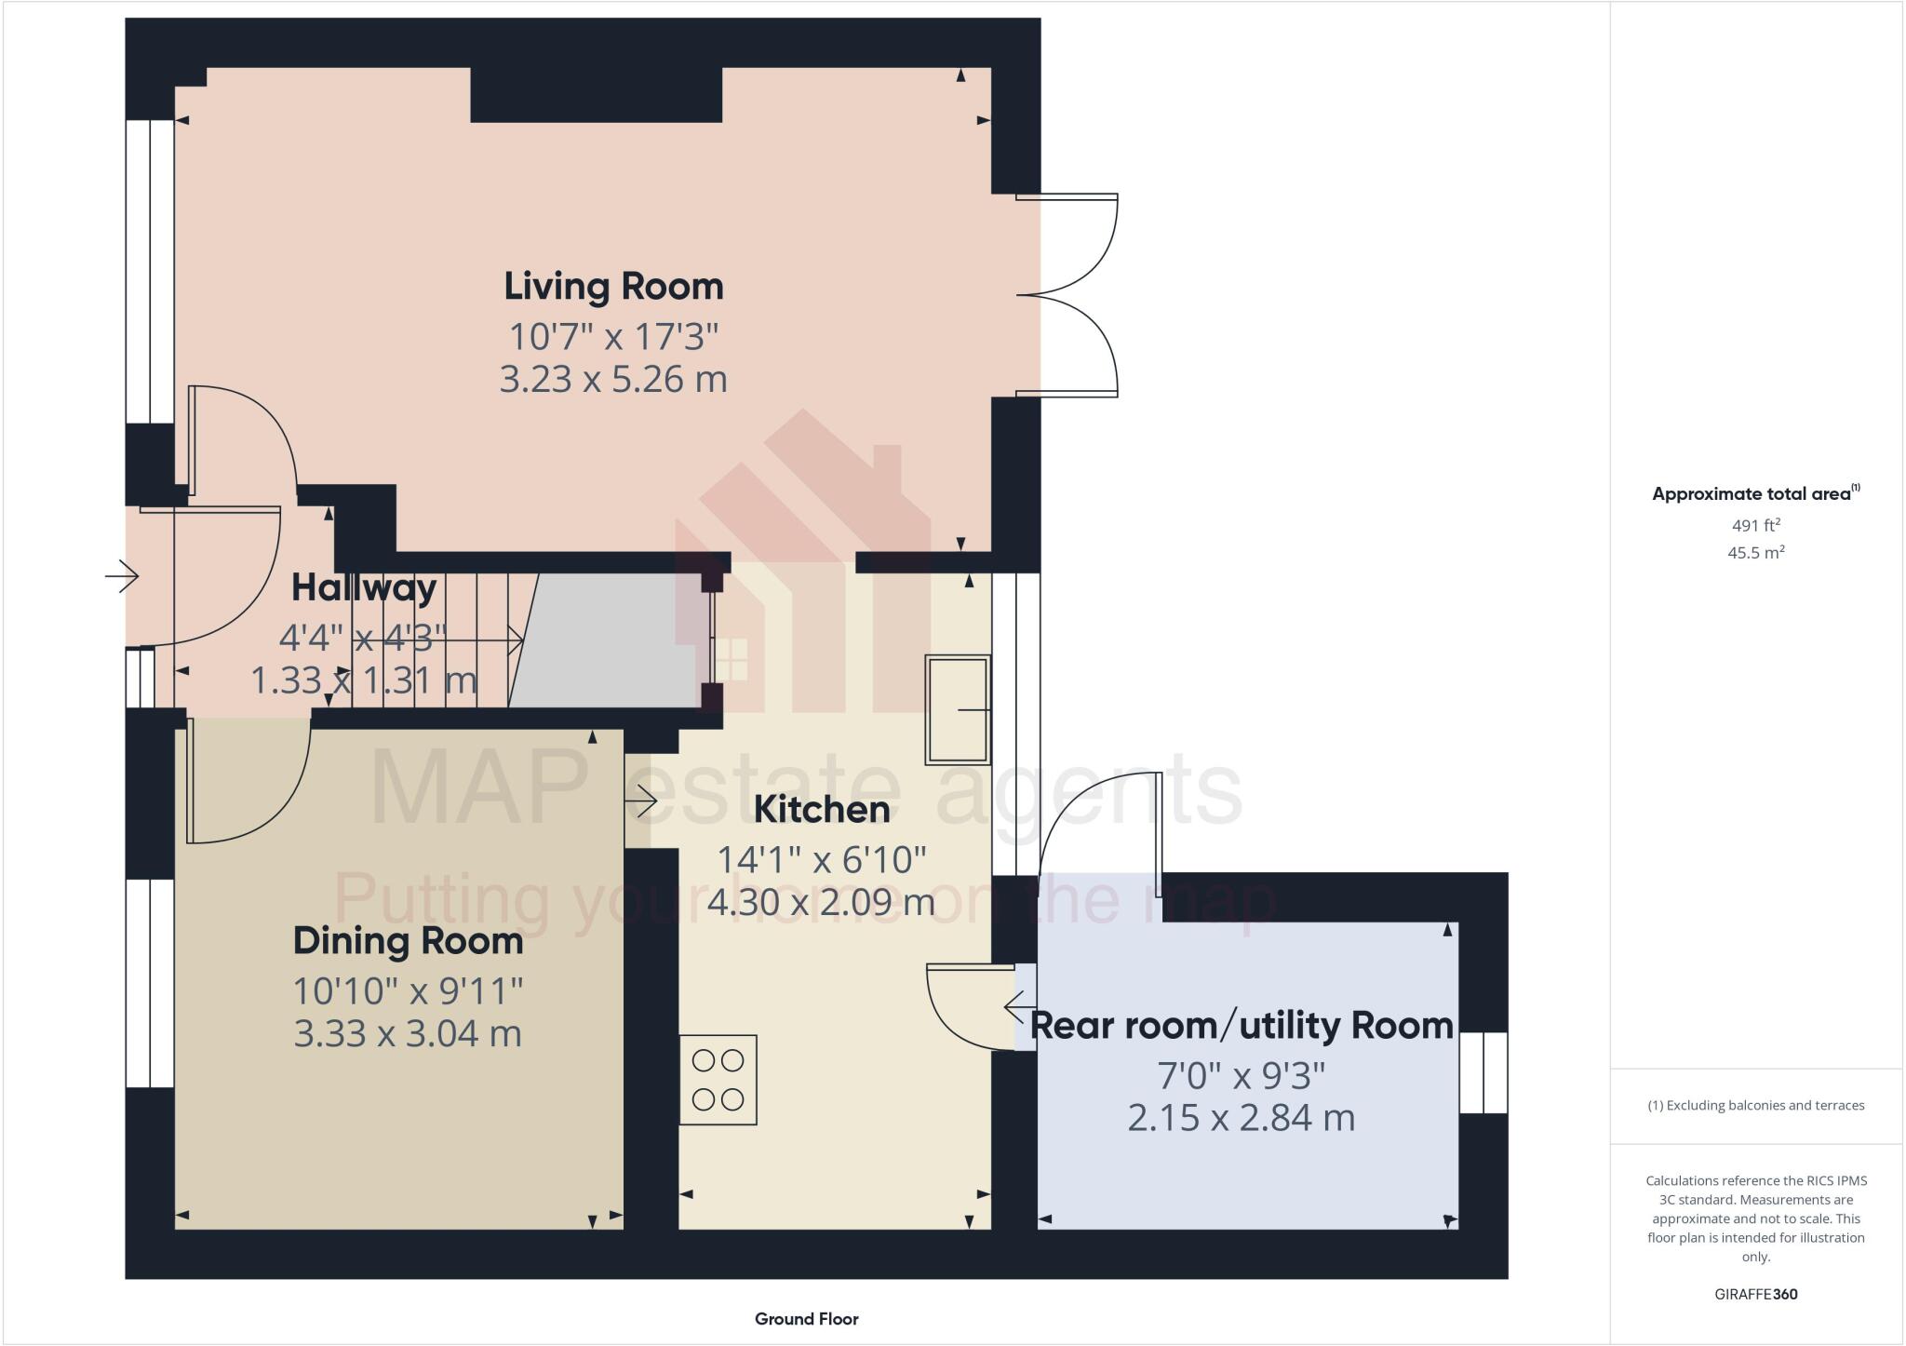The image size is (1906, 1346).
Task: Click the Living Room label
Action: coord(613,286)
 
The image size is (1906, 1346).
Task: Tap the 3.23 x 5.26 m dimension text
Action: coord(613,380)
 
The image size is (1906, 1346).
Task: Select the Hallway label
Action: coord(364,587)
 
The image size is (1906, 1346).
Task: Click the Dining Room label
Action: coord(408,941)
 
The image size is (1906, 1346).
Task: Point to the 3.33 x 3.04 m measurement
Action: coord(408,1034)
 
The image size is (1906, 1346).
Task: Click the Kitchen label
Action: coord(822,809)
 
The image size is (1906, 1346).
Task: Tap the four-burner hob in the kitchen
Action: coord(718,1080)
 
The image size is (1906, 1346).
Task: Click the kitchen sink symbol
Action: coord(957,709)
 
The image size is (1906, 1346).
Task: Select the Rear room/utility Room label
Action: coord(1242,1025)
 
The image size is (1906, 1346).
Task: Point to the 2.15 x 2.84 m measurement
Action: coord(1242,1117)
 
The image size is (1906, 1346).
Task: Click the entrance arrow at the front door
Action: coord(121,577)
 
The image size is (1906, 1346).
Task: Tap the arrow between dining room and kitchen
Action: coord(642,801)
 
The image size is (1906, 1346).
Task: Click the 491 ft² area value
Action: coord(1755,525)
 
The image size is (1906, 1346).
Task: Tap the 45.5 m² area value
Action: coord(1755,552)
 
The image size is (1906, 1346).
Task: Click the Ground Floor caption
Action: coord(806,1319)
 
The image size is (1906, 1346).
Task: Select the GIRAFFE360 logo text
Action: coord(1755,1294)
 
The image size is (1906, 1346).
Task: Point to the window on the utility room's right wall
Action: coord(1483,1072)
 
